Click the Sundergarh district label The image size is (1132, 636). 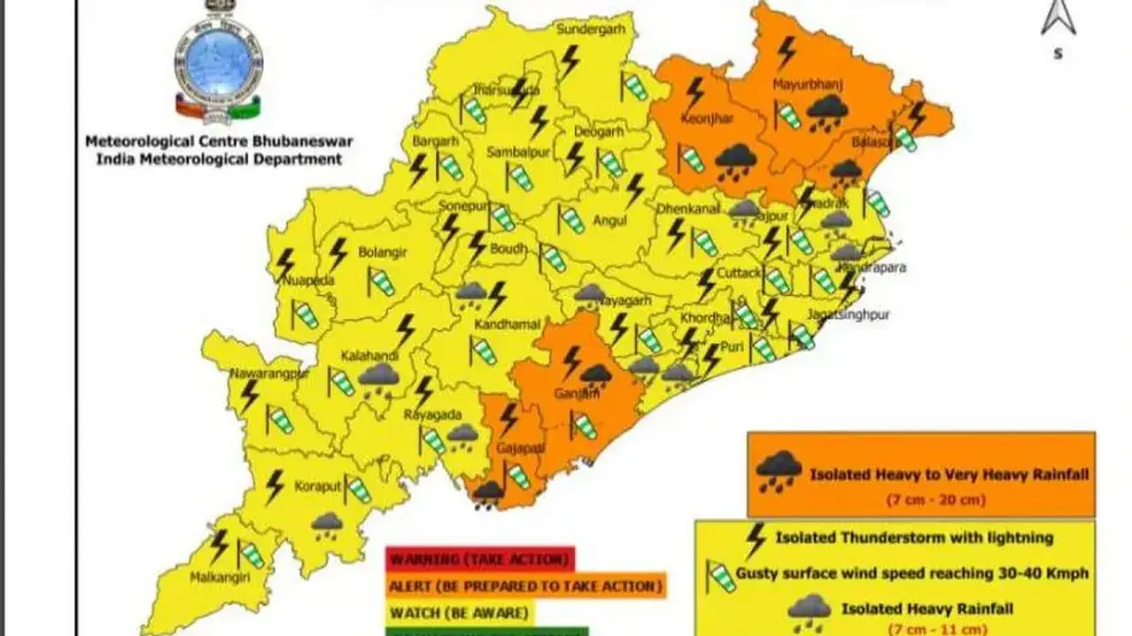pos(584,29)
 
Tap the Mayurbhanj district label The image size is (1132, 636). pos(807,85)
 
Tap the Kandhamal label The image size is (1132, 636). pos(507,325)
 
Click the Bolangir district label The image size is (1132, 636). pos(382,252)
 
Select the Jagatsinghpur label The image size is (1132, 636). pos(847,314)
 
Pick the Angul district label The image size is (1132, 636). pos(610,220)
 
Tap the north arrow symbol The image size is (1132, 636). pos(1058,19)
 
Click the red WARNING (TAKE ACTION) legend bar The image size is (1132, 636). pos(479,559)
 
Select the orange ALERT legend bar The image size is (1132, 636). pos(525,586)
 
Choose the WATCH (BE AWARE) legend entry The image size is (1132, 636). pos(459,612)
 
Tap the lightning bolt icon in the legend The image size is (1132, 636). pos(755,540)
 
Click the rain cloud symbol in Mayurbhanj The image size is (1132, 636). pos(828,113)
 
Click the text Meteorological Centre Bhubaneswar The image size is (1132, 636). pos(218,142)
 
